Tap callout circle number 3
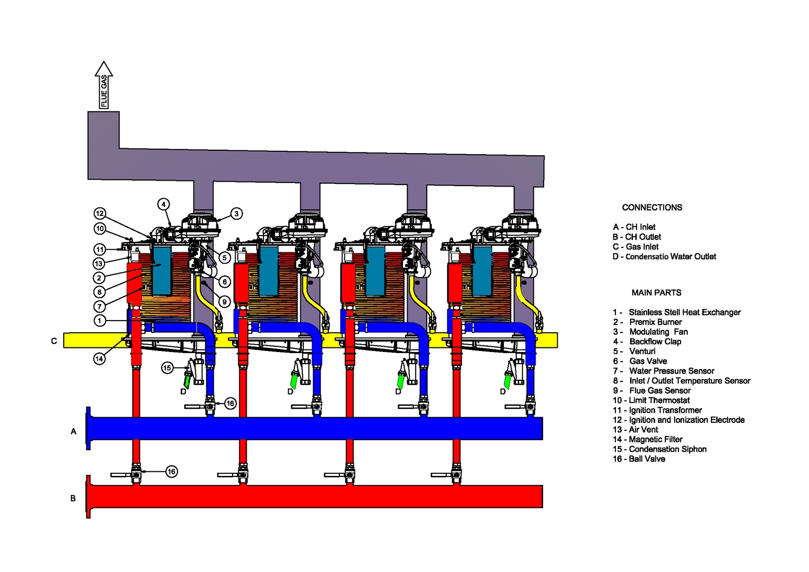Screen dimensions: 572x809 point(236,213)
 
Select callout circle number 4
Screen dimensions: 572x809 point(163,204)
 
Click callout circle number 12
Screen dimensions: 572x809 point(100,213)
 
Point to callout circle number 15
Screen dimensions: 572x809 point(167,368)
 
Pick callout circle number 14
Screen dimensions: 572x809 point(100,359)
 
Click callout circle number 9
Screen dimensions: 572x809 point(224,302)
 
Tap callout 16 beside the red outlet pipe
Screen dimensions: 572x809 point(171,472)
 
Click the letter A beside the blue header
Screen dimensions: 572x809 point(74,431)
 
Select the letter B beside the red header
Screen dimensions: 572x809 point(73,498)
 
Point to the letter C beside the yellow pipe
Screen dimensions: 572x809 point(54,341)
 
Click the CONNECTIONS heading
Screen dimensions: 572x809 point(652,207)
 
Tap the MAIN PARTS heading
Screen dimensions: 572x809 point(656,292)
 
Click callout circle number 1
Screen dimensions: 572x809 point(100,321)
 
